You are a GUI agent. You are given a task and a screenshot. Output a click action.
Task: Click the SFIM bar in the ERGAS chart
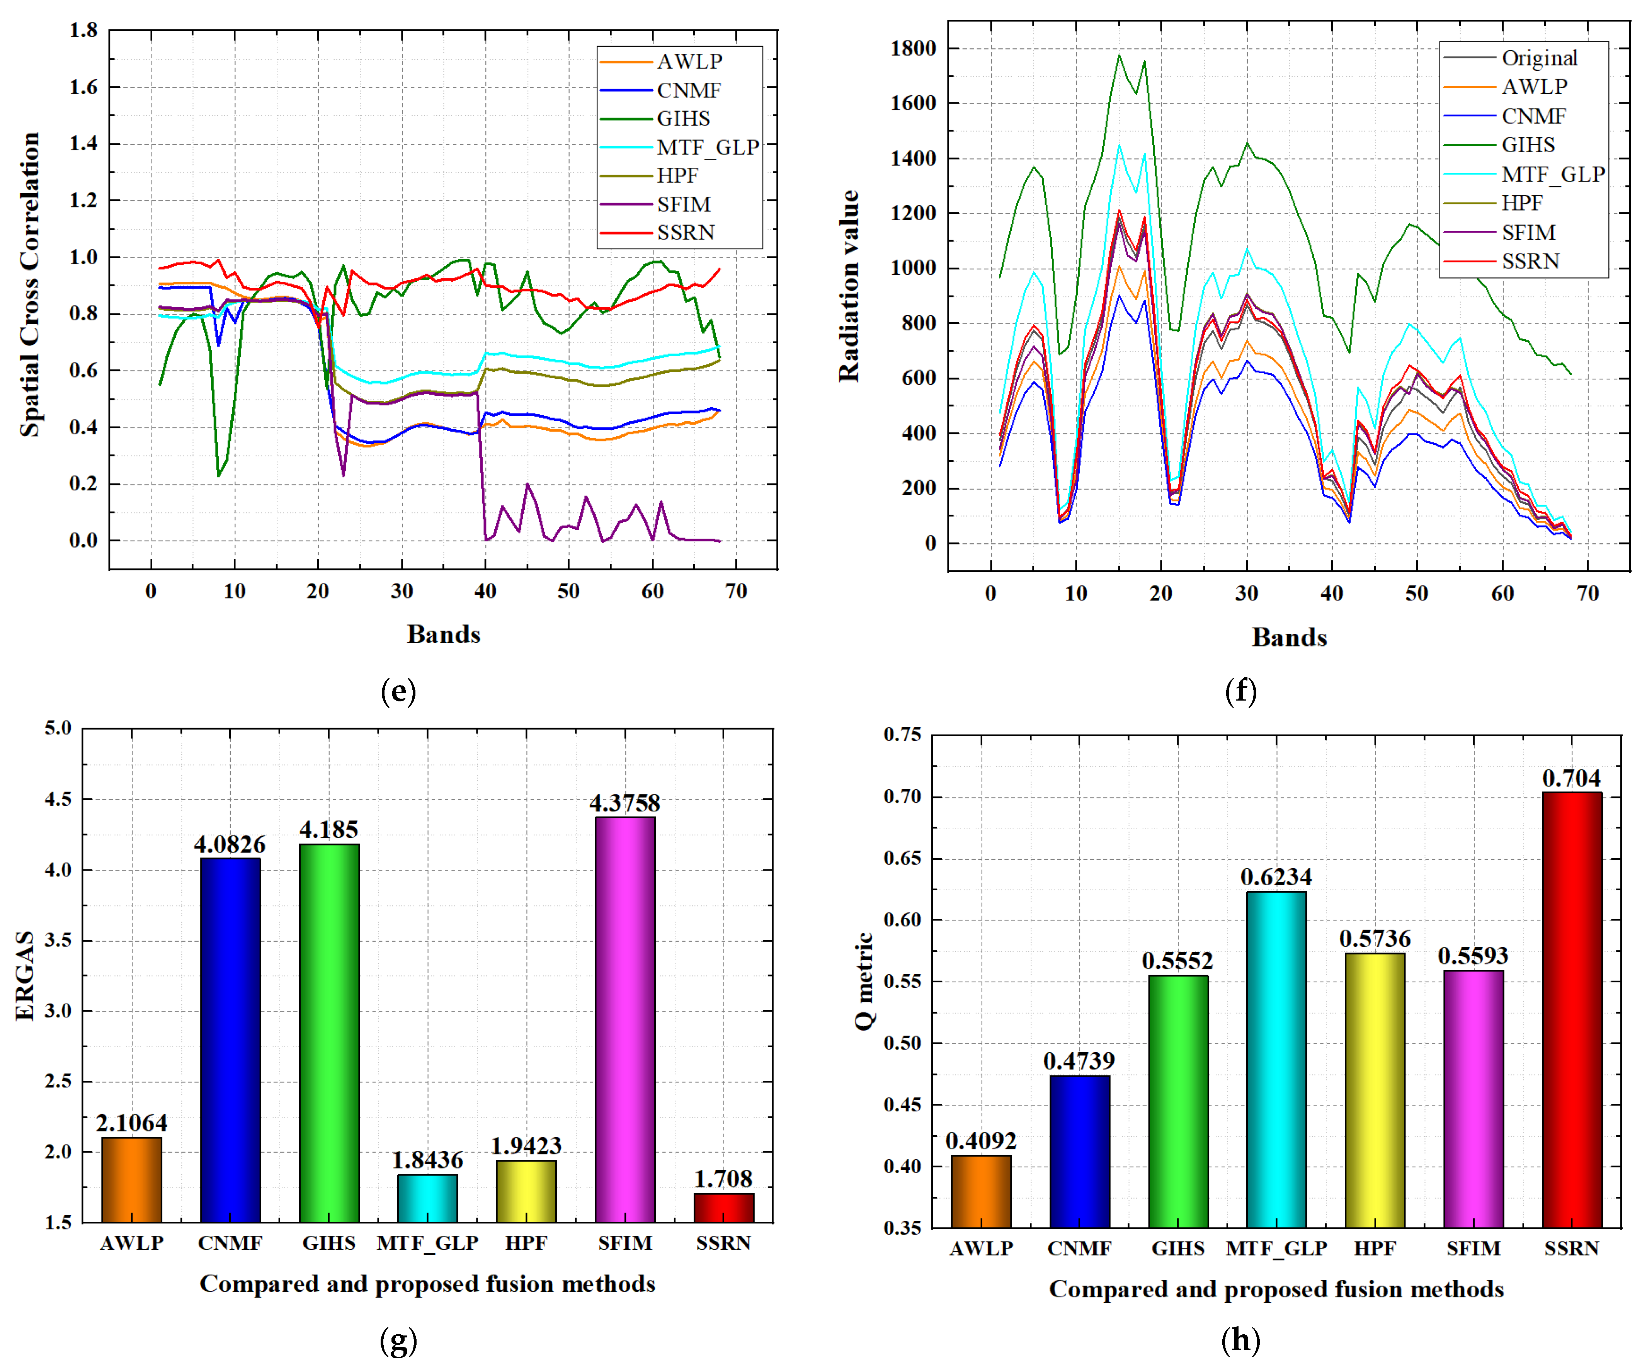[x=625, y=1019]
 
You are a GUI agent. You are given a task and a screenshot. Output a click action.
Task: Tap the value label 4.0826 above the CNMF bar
[x=230, y=845]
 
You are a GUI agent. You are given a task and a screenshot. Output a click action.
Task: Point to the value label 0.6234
[x=1276, y=878]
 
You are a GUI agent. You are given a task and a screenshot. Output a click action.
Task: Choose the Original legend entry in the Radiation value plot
[x=1539, y=58]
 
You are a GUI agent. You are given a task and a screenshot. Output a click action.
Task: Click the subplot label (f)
[x=1241, y=691]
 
